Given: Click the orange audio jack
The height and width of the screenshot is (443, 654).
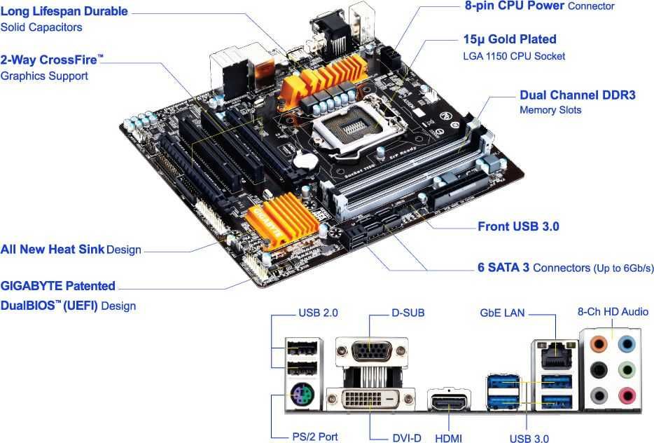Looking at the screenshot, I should click(x=597, y=344).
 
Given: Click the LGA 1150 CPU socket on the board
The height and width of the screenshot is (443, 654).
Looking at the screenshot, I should click(x=349, y=126).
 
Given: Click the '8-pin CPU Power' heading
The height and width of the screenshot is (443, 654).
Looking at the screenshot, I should click(x=515, y=6).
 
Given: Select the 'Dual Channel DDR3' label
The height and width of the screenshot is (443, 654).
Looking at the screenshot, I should click(x=577, y=95).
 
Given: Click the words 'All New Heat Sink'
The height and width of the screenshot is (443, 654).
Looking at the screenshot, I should click(x=53, y=250).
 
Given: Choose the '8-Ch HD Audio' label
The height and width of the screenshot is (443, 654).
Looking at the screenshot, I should click(x=613, y=312).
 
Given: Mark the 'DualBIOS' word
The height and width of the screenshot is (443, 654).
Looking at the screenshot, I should click(x=29, y=306).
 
